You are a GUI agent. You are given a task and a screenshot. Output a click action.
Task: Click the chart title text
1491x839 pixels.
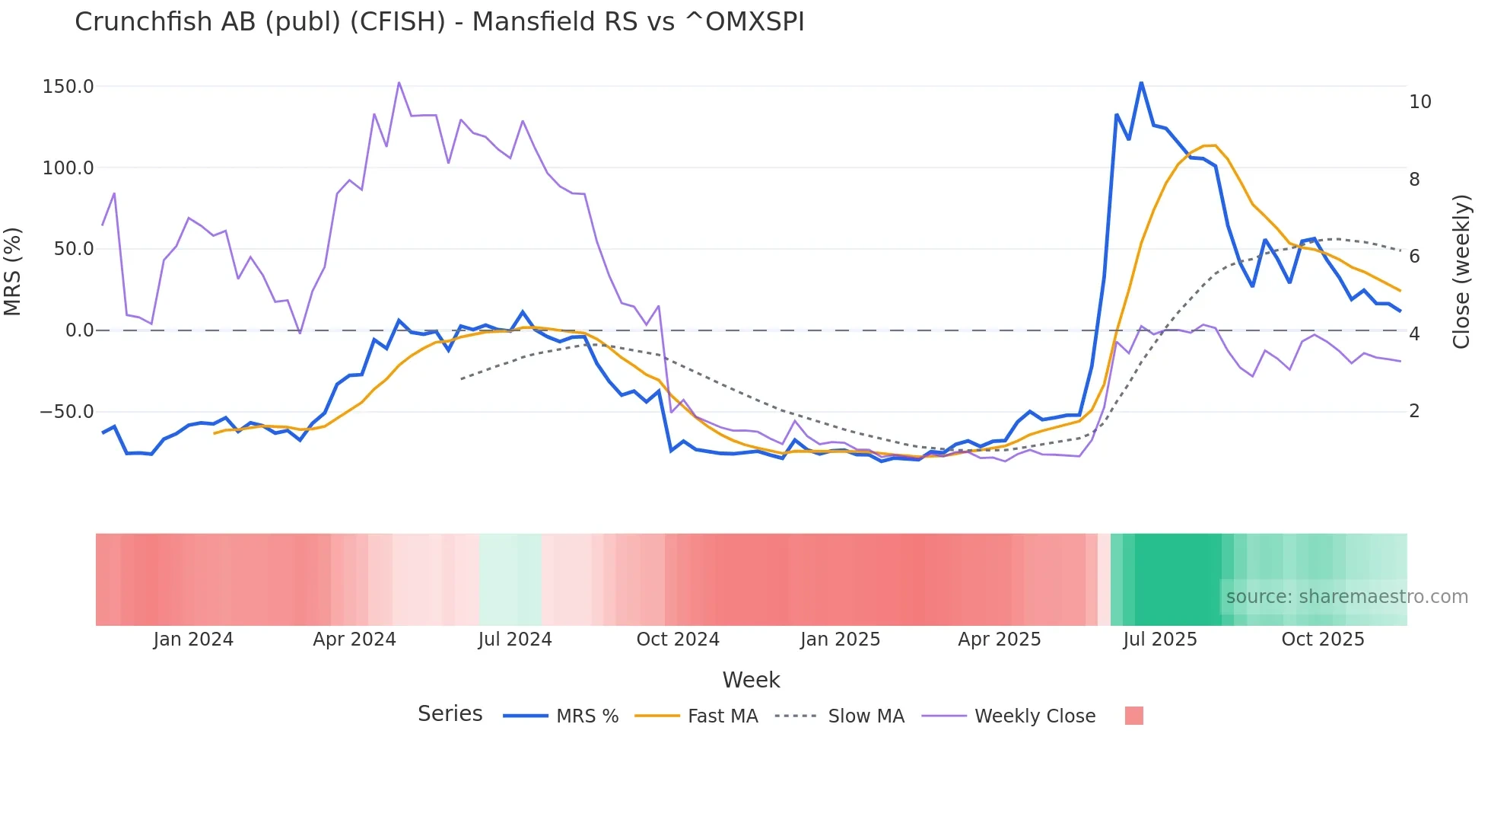click(439, 22)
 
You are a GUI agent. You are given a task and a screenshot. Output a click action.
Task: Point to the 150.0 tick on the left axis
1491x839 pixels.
click(68, 87)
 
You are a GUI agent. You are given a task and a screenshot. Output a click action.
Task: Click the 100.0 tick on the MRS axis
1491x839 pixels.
click(68, 168)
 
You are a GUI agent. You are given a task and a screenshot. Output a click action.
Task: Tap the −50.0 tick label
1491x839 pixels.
click(67, 412)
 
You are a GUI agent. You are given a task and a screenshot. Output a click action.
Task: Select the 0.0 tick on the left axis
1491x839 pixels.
click(79, 330)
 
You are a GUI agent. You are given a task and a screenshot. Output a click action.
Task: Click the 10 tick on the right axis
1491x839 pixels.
click(1419, 102)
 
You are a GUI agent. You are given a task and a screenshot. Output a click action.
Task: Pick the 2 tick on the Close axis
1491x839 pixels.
click(1414, 411)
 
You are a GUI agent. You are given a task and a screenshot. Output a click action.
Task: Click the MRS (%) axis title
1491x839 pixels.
click(13, 271)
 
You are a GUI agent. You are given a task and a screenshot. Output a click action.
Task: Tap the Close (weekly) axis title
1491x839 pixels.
click(1461, 272)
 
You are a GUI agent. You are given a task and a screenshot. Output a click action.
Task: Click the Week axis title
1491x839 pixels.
click(751, 680)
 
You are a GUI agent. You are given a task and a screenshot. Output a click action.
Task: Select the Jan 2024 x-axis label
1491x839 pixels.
click(193, 640)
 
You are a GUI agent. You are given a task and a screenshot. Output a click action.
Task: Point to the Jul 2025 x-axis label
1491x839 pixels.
click(1159, 640)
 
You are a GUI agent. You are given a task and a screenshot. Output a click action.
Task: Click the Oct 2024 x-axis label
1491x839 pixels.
click(678, 640)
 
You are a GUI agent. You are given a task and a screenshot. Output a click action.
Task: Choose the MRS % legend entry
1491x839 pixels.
click(561, 716)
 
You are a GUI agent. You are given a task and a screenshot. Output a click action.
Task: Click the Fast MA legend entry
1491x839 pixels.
click(696, 716)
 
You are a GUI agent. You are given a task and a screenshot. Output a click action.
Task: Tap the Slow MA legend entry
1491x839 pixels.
click(840, 716)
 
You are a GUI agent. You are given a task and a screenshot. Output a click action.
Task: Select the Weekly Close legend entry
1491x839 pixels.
click(1009, 716)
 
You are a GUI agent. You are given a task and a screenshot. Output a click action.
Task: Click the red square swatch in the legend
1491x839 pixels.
click(1133, 716)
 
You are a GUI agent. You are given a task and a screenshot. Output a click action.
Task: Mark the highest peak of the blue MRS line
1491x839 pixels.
click(1141, 82)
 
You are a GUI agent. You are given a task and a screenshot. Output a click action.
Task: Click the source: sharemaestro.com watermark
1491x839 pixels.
click(1346, 597)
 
